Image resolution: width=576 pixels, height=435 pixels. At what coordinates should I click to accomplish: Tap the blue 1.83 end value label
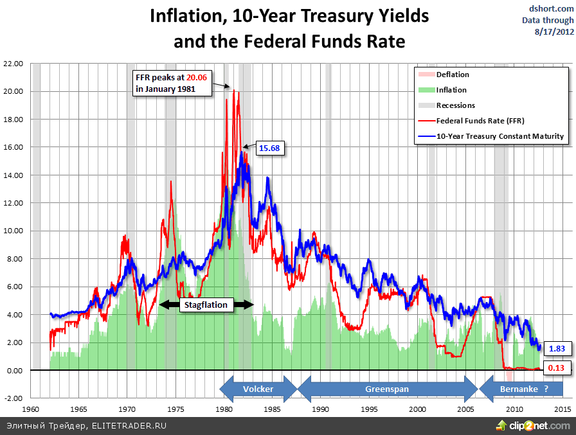556,348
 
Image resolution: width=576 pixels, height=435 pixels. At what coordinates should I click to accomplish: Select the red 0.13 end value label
556,368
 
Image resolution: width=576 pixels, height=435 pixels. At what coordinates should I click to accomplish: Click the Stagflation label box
206,305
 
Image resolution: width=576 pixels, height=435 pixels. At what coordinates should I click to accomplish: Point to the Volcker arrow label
258,389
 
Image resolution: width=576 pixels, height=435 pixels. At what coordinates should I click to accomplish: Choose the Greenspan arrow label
387,389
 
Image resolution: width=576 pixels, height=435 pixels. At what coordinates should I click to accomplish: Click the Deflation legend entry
453,75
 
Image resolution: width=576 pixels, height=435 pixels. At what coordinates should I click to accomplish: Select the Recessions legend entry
455,105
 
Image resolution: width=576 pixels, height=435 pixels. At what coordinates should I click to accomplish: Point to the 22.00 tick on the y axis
13,64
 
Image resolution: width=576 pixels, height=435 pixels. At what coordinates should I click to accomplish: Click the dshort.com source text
547,9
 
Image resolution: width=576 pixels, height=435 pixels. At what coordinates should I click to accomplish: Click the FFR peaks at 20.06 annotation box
172,83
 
